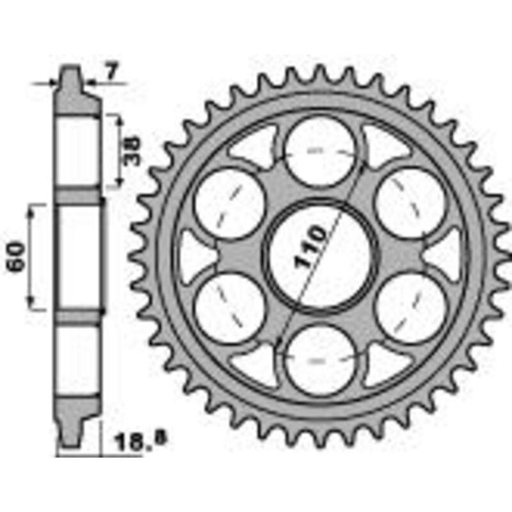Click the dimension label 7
click(111, 72)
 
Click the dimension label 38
click(132, 151)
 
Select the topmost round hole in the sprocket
click(321, 151)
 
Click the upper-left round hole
click(230, 204)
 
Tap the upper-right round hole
click(411, 203)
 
